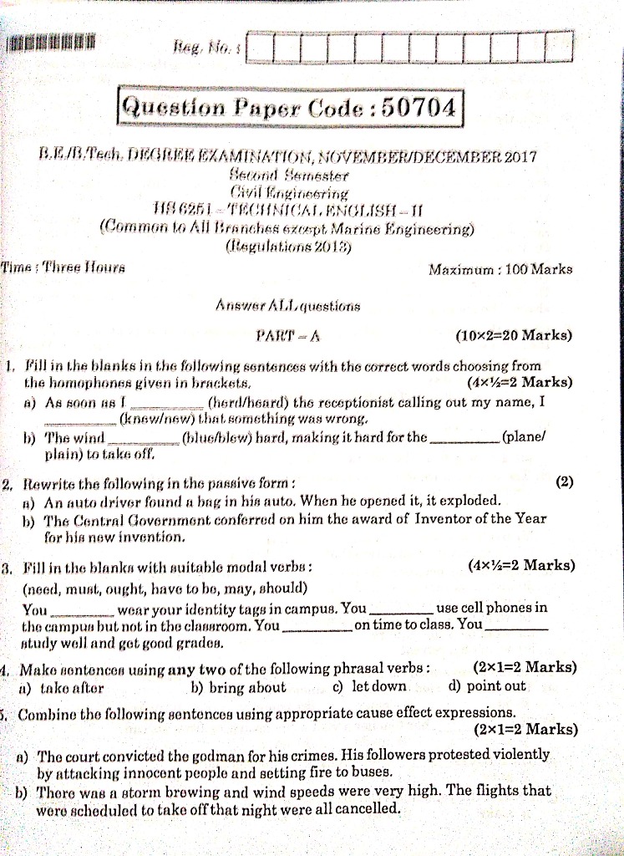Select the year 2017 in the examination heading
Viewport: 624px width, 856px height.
pyautogui.click(x=520, y=157)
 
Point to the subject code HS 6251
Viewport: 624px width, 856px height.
pyautogui.click(x=197, y=209)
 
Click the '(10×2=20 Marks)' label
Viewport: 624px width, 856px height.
pyautogui.click(x=514, y=336)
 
